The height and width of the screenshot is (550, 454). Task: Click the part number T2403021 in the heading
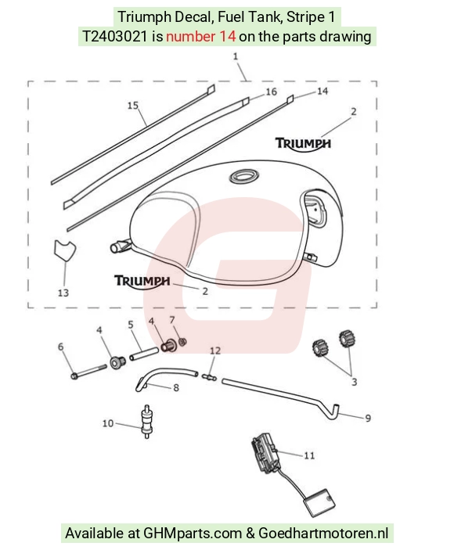click(115, 37)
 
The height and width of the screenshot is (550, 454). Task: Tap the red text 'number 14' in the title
click(200, 37)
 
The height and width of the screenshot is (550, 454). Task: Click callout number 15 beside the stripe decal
click(132, 106)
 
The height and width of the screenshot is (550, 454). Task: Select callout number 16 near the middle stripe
click(271, 92)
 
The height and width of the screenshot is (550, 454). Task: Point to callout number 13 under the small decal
click(63, 293)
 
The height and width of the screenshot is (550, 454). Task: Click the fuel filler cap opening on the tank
click(244, 176)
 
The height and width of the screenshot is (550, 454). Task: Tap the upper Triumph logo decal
click(303, 144)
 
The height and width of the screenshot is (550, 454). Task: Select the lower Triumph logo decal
click(142, 282)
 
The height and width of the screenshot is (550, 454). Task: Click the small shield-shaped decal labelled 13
click(64, 250)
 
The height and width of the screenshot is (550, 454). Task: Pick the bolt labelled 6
click(89, 372)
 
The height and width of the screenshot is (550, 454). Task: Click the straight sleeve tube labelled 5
click(144, 353)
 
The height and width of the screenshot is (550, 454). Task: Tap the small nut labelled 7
click(182, 342)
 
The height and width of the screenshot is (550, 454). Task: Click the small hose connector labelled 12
click(210, 377)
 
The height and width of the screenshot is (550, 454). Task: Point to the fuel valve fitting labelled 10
click(146, 421)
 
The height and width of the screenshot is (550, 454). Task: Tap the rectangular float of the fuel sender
click(319, 502)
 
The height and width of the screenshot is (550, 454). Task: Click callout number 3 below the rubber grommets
click(355, 382)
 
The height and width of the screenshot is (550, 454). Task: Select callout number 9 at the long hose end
click(368, 418)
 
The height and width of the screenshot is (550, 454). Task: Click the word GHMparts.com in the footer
click(193, 534)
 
